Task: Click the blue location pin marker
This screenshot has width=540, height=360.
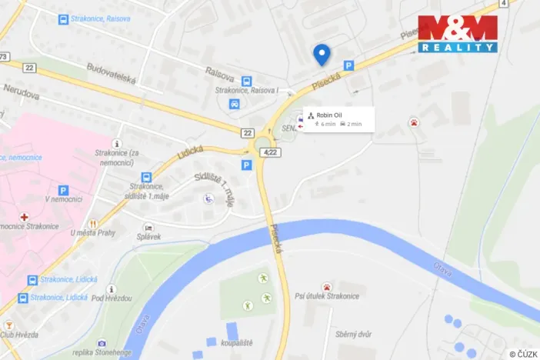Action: point(322,54)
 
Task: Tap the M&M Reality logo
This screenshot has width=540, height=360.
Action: point(458,33)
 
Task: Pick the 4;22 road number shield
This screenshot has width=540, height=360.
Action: point(269,152)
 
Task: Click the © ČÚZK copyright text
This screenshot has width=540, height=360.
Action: point(524,353)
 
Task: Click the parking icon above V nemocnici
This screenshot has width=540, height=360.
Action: point(63,189)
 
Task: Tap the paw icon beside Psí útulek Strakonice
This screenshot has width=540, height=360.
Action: point(328,287)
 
